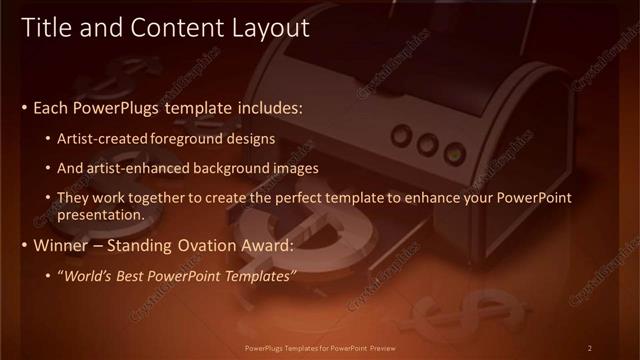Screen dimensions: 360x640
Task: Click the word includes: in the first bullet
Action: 268,107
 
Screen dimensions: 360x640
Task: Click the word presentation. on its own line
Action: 101,214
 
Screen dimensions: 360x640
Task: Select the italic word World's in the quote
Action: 89,275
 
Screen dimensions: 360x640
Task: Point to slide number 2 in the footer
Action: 590,348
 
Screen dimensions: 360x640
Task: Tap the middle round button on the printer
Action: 428,145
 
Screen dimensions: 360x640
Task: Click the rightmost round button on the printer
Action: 455,153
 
